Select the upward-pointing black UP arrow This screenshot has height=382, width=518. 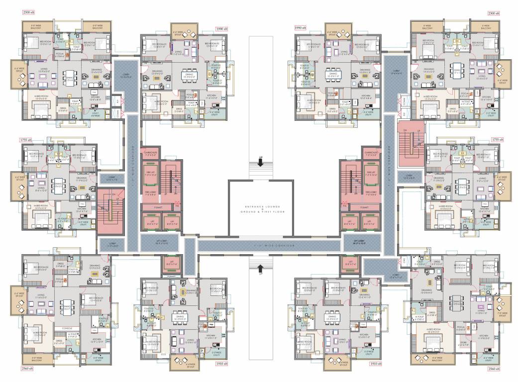click(260, 270)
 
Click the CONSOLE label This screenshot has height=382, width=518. click(67, 328)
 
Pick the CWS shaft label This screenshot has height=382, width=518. click(404, 260)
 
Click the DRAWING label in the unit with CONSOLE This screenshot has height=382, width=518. click(95, 267)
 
